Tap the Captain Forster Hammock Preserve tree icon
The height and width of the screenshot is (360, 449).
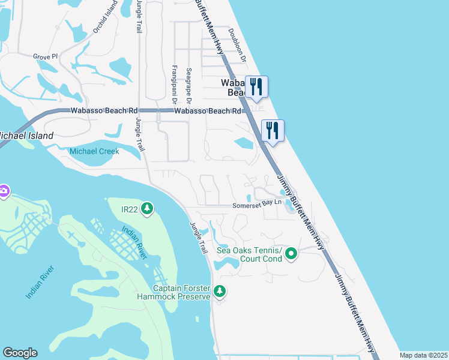(220, 291)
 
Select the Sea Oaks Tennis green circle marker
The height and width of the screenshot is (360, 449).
(291, 254)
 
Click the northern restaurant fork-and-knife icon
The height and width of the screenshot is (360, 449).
(256, 86)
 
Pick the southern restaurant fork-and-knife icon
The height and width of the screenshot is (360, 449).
(273, 130)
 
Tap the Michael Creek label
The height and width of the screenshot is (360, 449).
(94, 151)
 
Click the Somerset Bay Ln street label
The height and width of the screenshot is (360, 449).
(258, 205)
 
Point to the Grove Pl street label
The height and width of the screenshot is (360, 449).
(45, 57)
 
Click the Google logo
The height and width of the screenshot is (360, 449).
(20, 353)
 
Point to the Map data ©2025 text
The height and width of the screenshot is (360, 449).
(423, 355)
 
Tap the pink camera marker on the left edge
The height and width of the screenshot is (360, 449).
(4, 191)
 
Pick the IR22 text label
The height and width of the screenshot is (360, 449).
(130, 209)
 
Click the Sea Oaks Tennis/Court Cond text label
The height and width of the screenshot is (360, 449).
(249, 254)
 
